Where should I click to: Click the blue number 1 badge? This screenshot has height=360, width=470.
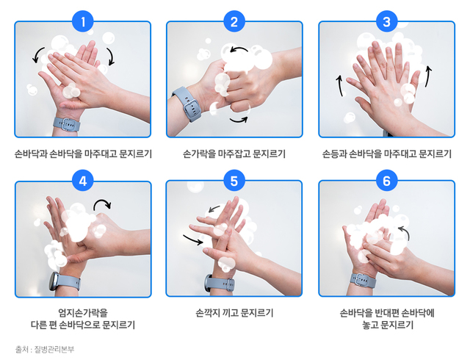coord(83,22)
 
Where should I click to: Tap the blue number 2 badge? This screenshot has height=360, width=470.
coord(234,22)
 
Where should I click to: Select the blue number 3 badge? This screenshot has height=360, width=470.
coord(386,22)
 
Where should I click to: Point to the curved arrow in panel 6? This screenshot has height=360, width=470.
coord(402,233)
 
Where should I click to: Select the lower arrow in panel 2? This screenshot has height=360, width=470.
coord(239,118)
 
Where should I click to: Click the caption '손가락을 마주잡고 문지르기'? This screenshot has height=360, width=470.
coord(234,154)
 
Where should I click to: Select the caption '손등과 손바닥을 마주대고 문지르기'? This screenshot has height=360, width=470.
coord(386,154)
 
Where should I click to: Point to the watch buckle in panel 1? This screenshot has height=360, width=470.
coord(68,123)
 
